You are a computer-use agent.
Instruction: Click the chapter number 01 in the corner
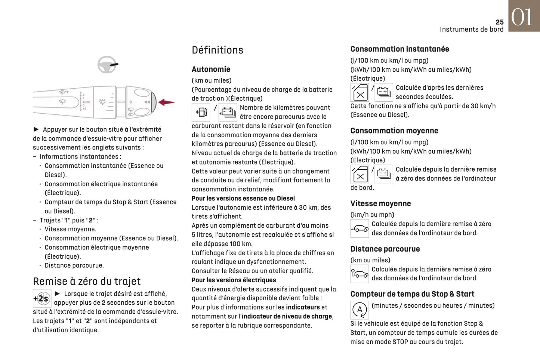click(522, 17)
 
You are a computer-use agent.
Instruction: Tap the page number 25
click(499, 22)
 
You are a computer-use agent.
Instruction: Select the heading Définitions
click(217, 50)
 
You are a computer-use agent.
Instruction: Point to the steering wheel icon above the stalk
click(107, 65)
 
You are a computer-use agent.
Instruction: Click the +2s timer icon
click(42, 298)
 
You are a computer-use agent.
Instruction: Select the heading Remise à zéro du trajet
click(87, 281)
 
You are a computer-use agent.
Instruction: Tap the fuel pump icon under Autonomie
click(201, 112)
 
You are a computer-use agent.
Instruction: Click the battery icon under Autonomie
click(228, 112)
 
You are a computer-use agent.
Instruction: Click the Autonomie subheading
click(211, 69)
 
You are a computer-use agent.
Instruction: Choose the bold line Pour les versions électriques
click(234, 280)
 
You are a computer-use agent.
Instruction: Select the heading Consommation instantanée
click(399, 49)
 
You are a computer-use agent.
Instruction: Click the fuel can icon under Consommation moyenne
click(360, 174)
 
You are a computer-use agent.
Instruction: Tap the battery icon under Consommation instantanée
click(384, 92)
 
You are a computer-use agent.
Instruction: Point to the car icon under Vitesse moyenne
click(360, 228)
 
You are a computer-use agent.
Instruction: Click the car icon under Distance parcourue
click(360, 274)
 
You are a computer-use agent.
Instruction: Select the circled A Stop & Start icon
click(360, 310)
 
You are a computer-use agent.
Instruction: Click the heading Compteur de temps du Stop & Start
click(412, 294)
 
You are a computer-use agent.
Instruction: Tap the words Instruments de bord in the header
click(471, 30)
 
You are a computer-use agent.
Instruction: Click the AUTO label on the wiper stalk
click(86, 102)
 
